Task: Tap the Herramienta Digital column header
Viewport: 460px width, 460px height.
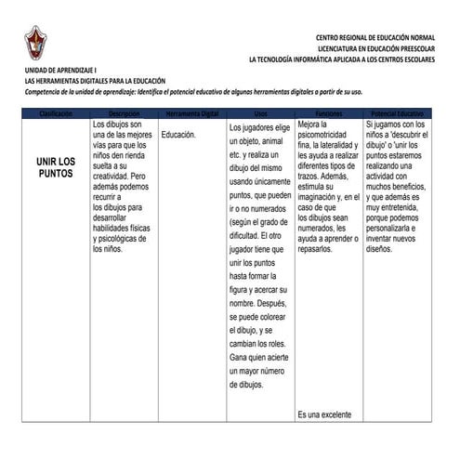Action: coord(191,112)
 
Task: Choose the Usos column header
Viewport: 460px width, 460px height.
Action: coord(260,112)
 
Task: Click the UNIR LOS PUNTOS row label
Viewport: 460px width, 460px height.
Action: coord(56,168)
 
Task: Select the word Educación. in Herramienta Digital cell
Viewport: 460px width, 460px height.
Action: coord(178,135)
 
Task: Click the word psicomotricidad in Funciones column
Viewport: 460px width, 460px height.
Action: coord(327,135)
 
